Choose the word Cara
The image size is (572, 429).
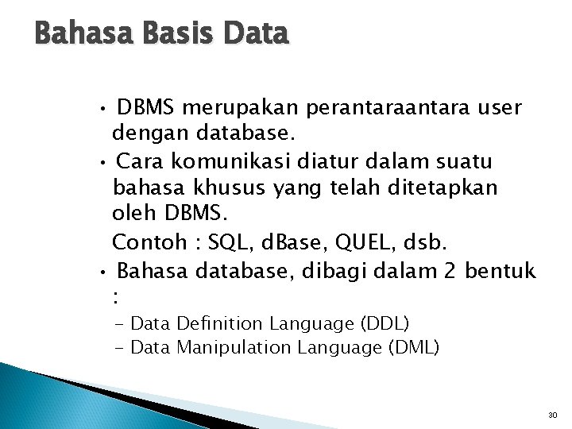tap(141, 162)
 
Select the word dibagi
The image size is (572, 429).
tap(332, 272)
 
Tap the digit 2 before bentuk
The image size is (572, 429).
tap(450, 272)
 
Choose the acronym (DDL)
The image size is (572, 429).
tap(385, 323)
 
